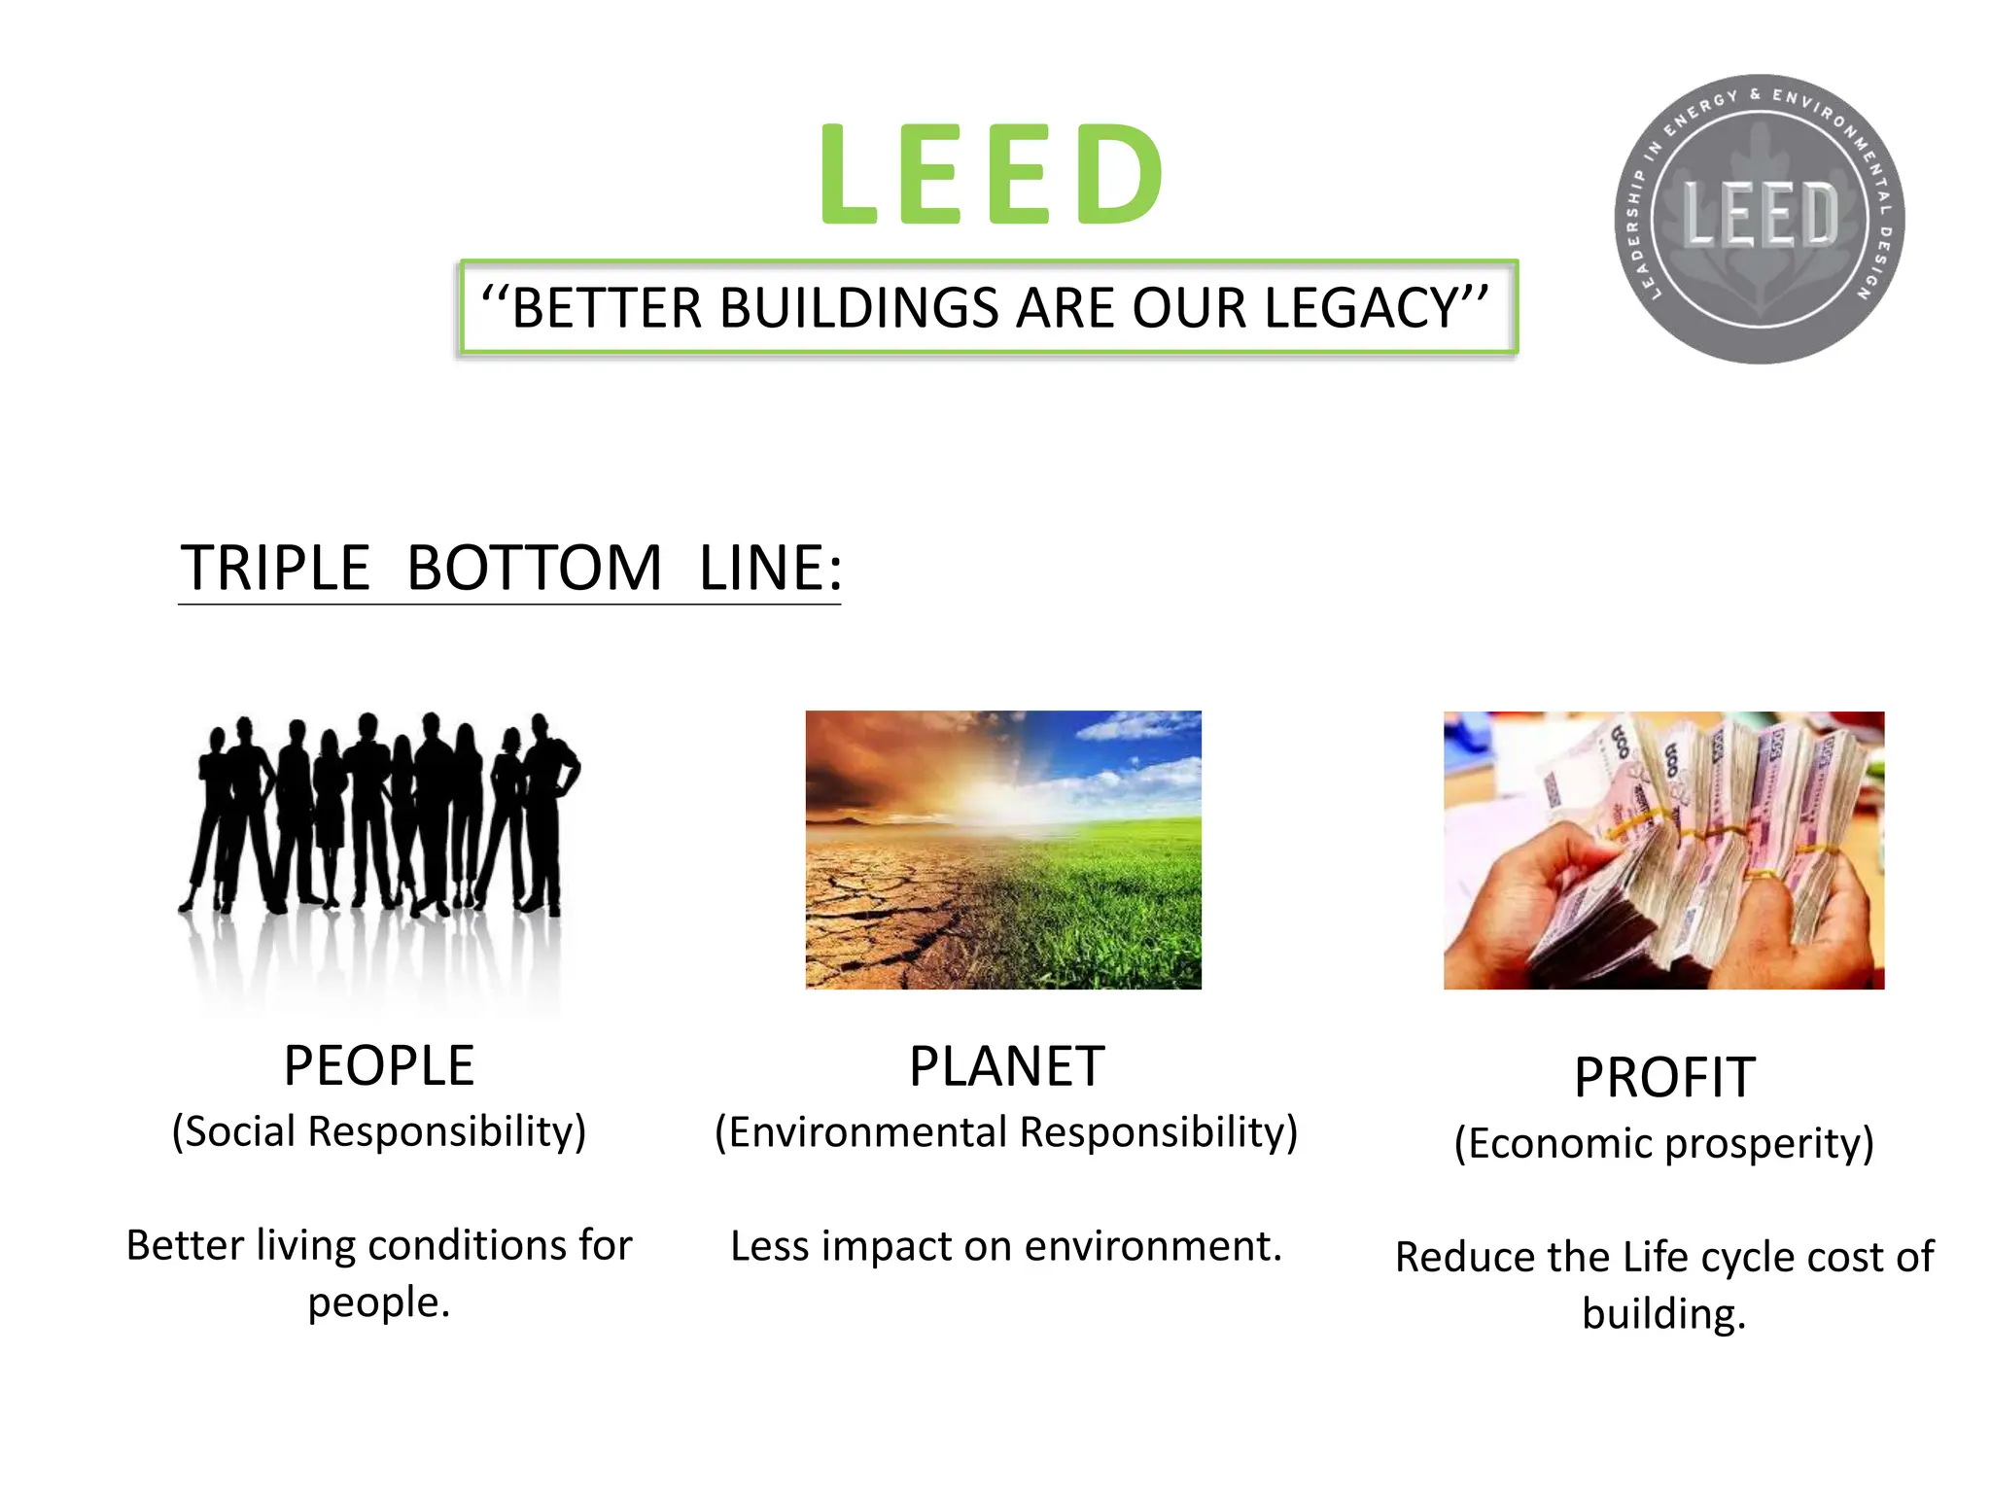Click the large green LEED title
coord(992,175)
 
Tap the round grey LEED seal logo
coord(1760,219)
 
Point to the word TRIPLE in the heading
coord(275,569)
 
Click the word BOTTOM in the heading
coord(534,569)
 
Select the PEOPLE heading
coord(379,1065)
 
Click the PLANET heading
coord(1006,1066)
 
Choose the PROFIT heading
coord(1664,1078)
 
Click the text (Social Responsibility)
coord(379,1132)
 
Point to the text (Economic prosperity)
coord(1664,1144)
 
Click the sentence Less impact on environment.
coord(1006,1246)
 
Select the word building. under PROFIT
coord(1664,1314)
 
